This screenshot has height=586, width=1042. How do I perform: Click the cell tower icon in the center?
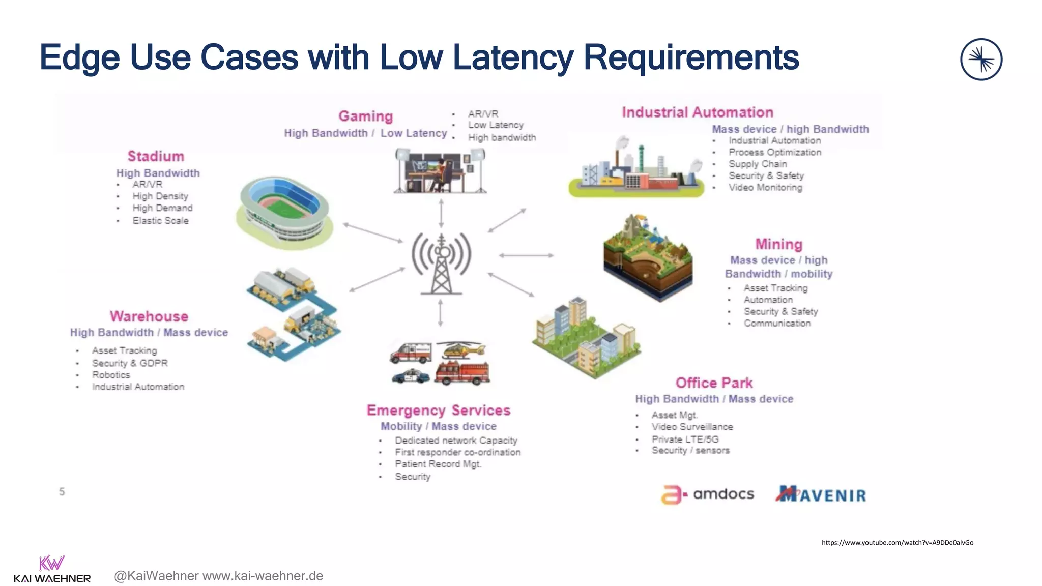(441, 263)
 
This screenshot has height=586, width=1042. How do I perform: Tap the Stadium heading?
(156, 156)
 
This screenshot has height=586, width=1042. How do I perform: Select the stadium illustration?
(284, 213)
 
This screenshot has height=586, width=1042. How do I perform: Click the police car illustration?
(411, 376)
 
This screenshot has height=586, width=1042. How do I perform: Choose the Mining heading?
(778, 244)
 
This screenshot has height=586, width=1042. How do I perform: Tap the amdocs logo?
(708, 494)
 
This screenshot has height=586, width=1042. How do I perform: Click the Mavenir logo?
(821, 494)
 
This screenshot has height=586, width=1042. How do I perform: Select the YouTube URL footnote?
(897, 543)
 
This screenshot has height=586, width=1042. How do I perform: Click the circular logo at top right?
(981, 60)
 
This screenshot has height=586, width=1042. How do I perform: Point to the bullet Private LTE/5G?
(685, 439)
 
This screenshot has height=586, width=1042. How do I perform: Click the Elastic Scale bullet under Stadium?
(160, 221)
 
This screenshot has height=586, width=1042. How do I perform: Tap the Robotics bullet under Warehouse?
(111, 375)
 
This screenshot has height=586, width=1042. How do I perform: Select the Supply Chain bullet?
(757, 164)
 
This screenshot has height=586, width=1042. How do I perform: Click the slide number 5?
(62, 492)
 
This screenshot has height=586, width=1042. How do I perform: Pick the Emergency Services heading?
(438, 411)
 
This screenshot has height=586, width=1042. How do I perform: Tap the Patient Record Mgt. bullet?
(438, 464)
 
